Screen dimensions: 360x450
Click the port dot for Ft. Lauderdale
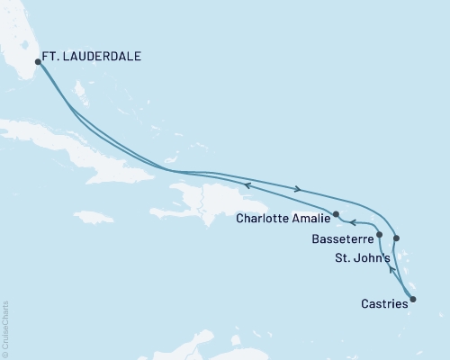38,62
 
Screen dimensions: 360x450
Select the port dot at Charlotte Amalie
336,214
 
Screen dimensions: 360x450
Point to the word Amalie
313,217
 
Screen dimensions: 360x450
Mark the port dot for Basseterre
379,234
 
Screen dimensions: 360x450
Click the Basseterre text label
339,240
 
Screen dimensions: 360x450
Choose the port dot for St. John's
397,238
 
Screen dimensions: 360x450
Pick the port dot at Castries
413,298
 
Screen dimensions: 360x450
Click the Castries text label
383,305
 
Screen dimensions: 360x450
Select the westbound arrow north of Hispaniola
246,185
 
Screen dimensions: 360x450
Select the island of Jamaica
94,217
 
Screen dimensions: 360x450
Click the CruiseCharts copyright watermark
5,328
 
